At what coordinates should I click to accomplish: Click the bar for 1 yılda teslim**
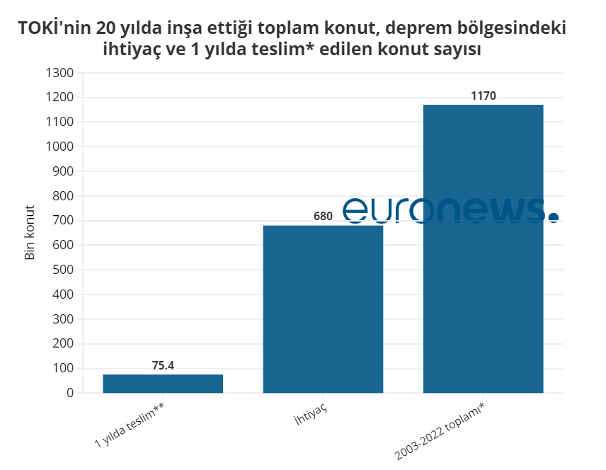[163, 383]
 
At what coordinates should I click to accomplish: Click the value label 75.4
[163, 366]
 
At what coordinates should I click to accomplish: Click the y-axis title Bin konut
[30, 233]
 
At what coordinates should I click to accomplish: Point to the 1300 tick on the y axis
[59, 73]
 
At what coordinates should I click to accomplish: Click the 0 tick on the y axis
[70, 393]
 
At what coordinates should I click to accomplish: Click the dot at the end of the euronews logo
[553, 217]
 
